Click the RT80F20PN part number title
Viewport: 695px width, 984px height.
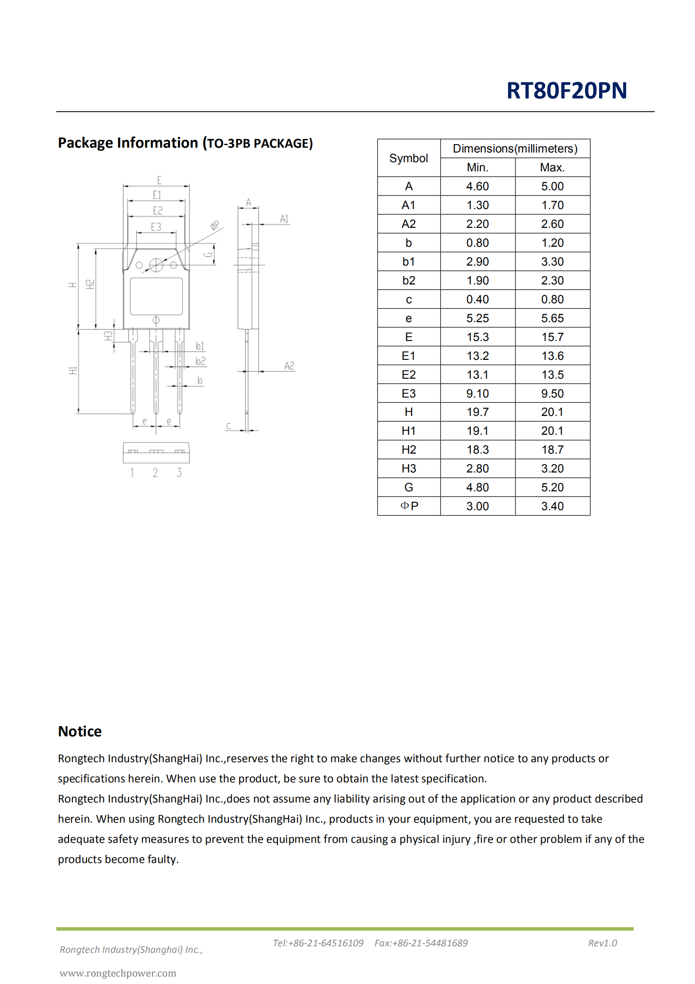pos(566,91)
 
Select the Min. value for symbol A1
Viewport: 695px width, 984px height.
pos(477,205)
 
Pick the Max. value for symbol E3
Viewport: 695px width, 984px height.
pos(552,393)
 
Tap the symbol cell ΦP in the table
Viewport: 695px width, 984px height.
pos(409,506)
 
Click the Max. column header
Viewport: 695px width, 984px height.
pos(552,167)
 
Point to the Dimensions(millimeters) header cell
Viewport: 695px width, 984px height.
pos(515,149)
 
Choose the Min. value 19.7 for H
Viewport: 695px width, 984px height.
pos(477,412)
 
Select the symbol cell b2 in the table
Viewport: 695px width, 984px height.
pos(409,281)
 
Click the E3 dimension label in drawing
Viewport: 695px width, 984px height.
pos(156,227)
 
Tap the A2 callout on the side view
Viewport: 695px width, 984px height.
pos(289,366)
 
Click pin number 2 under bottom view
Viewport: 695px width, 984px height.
pos(155,472)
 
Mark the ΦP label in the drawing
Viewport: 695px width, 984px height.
pos(215,225)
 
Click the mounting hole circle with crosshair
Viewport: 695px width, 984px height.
pos(156,265)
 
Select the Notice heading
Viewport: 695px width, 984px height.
pos(80,731)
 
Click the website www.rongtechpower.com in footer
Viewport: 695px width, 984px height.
pos(118,973)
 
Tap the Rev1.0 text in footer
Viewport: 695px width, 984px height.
pos(602,943)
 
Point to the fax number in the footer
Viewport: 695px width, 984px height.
pos(420,943)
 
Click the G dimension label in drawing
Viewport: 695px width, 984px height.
pos(208,255)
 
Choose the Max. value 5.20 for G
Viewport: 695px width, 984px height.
pos(552,487)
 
